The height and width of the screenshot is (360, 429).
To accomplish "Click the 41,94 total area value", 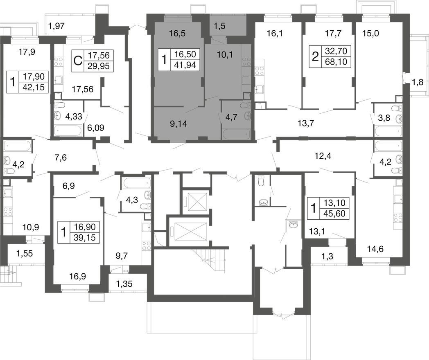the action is coord(185,65).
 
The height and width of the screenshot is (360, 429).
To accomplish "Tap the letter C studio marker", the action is coord(78,61).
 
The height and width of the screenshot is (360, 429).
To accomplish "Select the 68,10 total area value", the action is coord(336,62).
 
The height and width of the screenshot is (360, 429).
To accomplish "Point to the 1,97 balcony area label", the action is coord(56,26).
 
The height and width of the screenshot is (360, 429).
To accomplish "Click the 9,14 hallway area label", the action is coord(178,124).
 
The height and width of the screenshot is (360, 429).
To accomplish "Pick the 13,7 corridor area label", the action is coord(306,124).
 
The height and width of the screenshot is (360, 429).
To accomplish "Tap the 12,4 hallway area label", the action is coord(323,156).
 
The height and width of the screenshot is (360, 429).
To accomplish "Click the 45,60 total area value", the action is coord(334,214).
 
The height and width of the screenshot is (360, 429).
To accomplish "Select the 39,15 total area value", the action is coord(85,238).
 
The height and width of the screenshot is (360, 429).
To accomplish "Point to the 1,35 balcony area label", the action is coord(124,284).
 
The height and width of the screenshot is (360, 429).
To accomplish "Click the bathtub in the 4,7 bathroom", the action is coord(236,134).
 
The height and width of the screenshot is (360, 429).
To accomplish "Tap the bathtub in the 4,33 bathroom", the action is coord(68,130).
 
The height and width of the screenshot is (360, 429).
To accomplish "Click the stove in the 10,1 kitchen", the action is coord(246,62).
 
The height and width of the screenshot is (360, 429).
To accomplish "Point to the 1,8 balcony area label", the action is coord(418,82).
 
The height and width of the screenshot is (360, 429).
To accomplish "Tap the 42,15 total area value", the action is coord(34,87).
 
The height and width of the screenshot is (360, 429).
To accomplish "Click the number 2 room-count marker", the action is coord(315,57).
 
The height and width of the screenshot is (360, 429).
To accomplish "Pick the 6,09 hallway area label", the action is coord(95,128).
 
